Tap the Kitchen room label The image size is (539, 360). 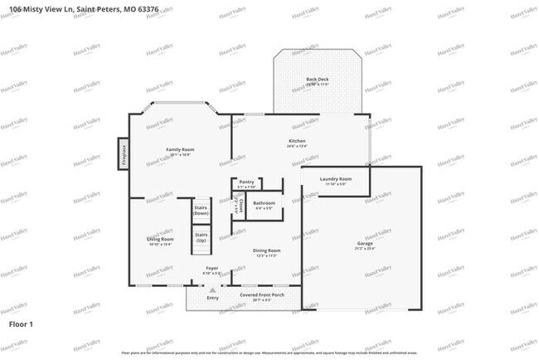pos(297,141)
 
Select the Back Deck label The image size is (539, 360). pos(318,79)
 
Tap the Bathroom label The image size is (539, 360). pos(265,202)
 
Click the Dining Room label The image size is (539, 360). pos(266,250)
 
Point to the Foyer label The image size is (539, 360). pos(213,268)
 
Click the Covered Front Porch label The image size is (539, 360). pos(262,294)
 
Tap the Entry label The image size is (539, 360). pos(213,298)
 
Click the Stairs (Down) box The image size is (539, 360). pos(201,211)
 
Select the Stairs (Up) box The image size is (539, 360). pos(201,237)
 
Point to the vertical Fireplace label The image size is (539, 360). pos(125,156)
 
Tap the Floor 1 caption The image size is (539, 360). pos(21,324)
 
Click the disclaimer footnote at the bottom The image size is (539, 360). pos(269,353)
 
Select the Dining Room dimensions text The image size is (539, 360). pos(266,255)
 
